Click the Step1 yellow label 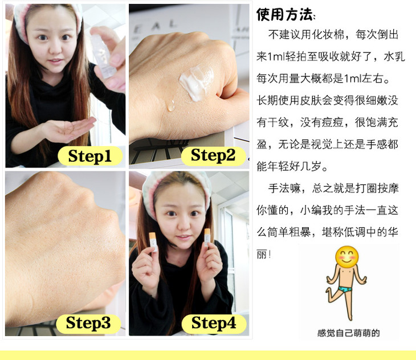(x=90, y=156)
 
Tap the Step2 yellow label (x=213, y=156)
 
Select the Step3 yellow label (x=88, y=324)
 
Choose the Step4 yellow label (x=214, y=324)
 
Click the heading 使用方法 (x=284, y=14)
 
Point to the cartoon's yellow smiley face (x=346, y=256)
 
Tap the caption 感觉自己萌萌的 (x=348, y=333)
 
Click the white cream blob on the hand (x=196, y=82)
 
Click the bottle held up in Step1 (x=103, y=56)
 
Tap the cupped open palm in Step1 (x=70, y=129)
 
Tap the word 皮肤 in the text (x=311, y=100)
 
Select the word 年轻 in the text (x=278, y=166)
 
